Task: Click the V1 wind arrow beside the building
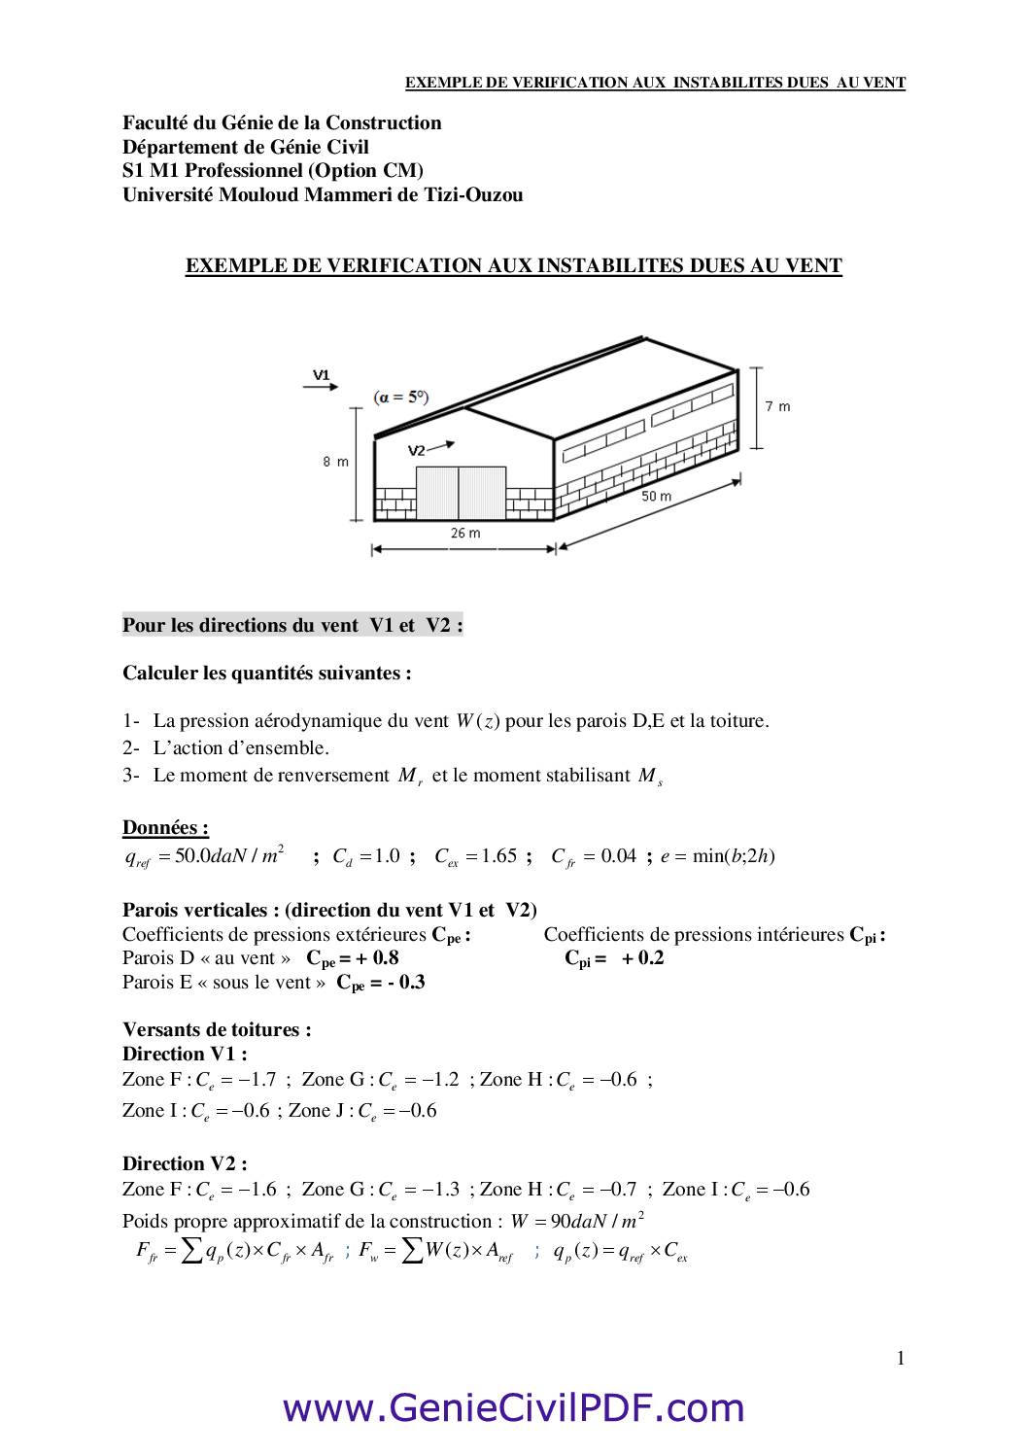tap(322, 386)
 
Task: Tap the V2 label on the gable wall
tap(416, 450)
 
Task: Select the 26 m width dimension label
tap(465, 533)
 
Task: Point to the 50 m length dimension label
tap(656, 496)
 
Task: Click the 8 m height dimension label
tap(335, 462)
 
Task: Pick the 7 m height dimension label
tap(777, 406)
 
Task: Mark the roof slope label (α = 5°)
tap(401, 397)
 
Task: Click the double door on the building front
tap(461, 493)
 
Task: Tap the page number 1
tap(901, 1359)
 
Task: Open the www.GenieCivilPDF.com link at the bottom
tap(513, 1407)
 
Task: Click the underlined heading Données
tap(165, 828)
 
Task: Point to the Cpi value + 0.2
tap(642, 957)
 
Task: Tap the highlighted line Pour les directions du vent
tap(292, 625)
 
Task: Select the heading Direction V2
tap(185, 1163)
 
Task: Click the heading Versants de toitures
tap(217, 1029)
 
